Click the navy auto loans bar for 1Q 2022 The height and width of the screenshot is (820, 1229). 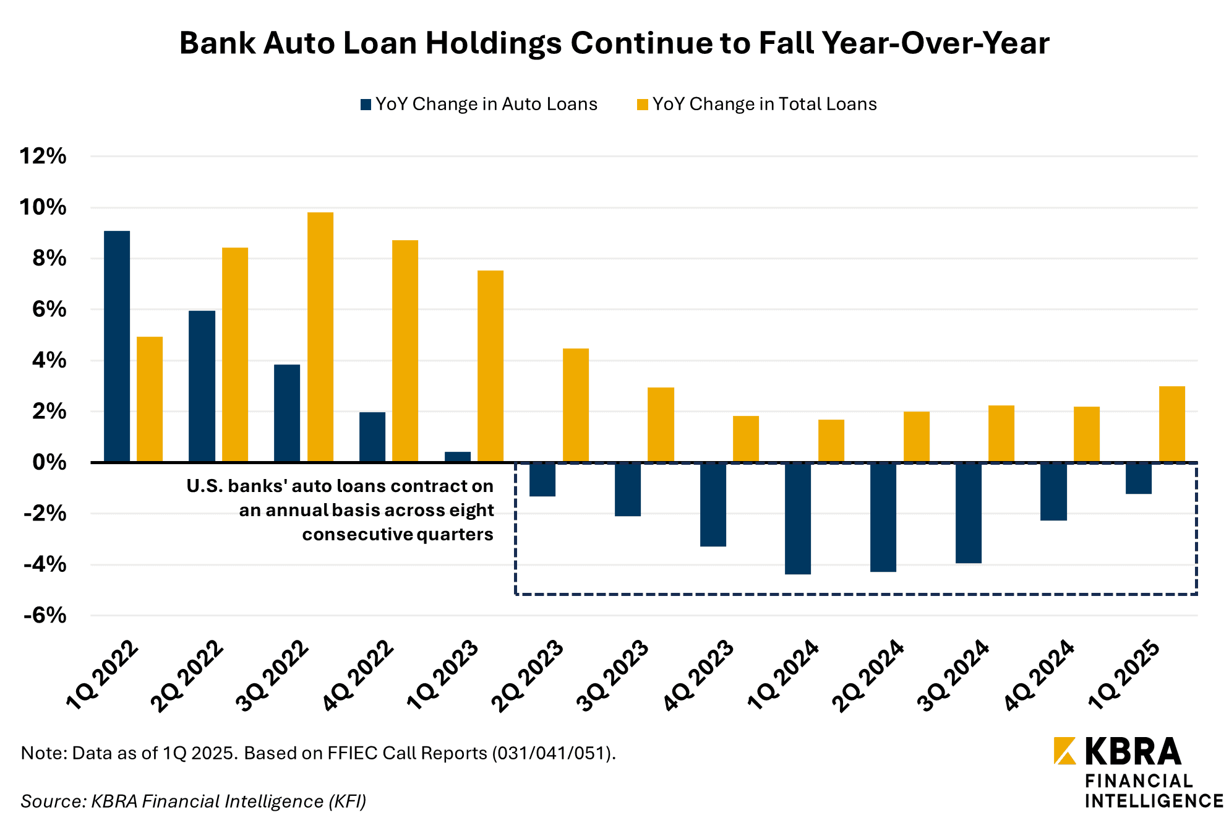pyautogui.click(x=117, y=346)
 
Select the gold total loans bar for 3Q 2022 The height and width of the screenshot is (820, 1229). pyautogui.click(x=320, y=337)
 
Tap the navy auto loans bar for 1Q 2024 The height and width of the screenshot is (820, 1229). pyautogui.click(x=798, y=519)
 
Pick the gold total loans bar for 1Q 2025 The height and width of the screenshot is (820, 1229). pyautogui.click(x=1172, y=424)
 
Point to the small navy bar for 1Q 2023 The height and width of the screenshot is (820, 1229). pyautogui.click(x=458, y=457)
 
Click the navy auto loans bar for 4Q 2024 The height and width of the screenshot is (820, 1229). pyautogui.click(x=1053, y=492)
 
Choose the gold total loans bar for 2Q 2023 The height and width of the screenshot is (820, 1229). pyautogui.click(x=576, y=405)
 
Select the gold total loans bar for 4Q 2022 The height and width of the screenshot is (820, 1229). pyautogui.click(x=405, y=351)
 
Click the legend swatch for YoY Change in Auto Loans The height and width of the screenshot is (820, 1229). pyautogui.click(x=366, y=105)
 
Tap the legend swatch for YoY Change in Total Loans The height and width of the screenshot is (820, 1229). pyautogui.click(x=643, y=105)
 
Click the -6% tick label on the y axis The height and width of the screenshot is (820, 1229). pyautogui.click(x=45, y=615)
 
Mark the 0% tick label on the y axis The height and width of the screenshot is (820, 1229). pyautogui.click(x=49, y=462)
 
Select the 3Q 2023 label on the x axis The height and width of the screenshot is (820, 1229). pyautogui.click(x=613, y=676)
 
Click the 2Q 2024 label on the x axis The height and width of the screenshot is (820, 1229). pyautogui.click(x=868, y=676)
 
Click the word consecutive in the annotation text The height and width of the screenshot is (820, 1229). pyautogui.click(x=358, y=535)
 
